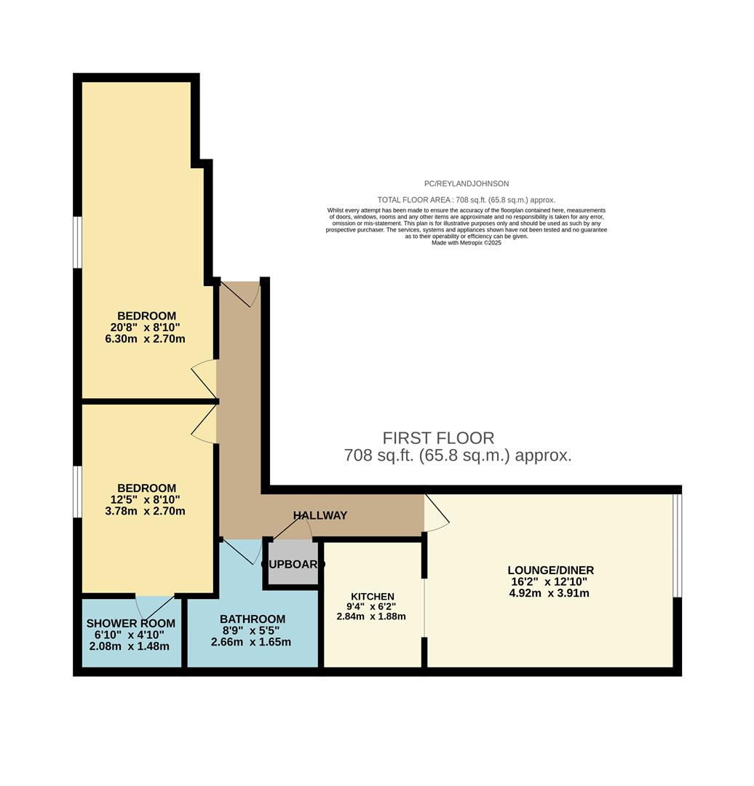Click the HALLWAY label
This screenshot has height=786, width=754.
point(320,515)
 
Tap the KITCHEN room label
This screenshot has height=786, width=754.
point(372,596)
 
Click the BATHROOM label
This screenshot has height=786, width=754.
point(253,619)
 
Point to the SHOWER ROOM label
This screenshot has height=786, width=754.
point(131,623)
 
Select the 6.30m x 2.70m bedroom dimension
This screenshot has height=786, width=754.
point(145,338)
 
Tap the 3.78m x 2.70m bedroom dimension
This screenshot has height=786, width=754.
point(145,511)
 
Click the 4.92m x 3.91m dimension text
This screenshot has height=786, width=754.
point(549,592)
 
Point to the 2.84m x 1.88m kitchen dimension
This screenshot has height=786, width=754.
point(371,616)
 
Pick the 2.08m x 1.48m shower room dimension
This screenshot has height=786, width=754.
point(129,646)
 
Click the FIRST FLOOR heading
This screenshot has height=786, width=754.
point(438,437)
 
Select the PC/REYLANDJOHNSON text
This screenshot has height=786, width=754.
point(466,184)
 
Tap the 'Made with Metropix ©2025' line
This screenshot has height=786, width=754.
point(466,242)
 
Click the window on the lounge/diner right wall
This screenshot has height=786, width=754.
point(677,545)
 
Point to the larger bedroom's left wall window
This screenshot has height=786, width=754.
point(77,242)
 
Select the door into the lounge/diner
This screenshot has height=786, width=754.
point(437,511)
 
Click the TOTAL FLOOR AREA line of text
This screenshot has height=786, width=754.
point(466,199)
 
